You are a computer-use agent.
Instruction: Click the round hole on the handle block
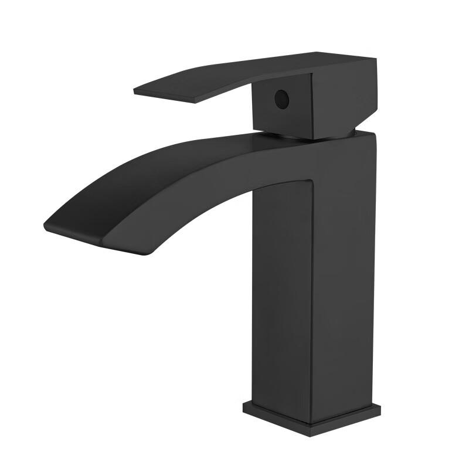282,99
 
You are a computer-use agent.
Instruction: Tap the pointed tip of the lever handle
136,91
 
